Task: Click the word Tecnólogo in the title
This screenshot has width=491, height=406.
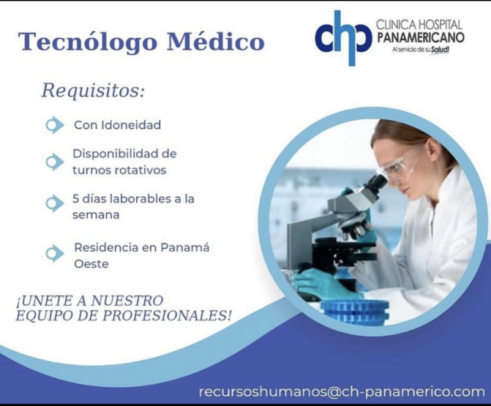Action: tap(88, 42)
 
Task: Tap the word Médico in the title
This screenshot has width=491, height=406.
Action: tap(215, 41)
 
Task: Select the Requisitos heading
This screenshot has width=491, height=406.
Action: tap(93, 90)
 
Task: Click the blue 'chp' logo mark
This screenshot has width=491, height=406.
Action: tap(343, 38)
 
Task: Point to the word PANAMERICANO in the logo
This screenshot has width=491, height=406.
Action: tap(420, 37)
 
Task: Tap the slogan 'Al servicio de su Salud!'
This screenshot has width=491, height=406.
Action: tap(421, 49)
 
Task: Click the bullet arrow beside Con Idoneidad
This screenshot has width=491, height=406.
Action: tap(54, 125)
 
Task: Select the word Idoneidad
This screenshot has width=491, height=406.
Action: tap(132, 125)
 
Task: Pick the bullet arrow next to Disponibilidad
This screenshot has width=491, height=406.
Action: tap(54, 162)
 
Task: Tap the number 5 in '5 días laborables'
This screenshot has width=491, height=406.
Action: tap(75, 199)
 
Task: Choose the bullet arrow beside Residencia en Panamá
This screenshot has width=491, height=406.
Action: tap(54, 253)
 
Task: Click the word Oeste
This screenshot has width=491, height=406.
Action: tap(91, 264)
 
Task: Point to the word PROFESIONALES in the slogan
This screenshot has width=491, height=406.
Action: tap(167, 315)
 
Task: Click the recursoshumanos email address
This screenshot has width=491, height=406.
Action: tap(342, 391)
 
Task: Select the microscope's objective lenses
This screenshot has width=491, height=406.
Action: tap(355, 229)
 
